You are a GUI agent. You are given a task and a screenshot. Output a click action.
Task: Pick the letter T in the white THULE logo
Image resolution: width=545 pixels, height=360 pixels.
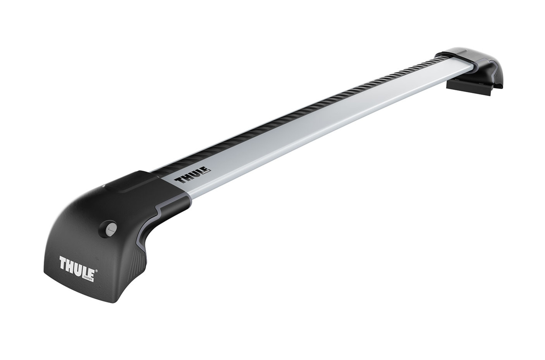[x=64, y=263]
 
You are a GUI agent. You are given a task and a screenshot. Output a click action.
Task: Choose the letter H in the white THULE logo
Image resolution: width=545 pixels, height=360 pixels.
[x=71, y=264]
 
